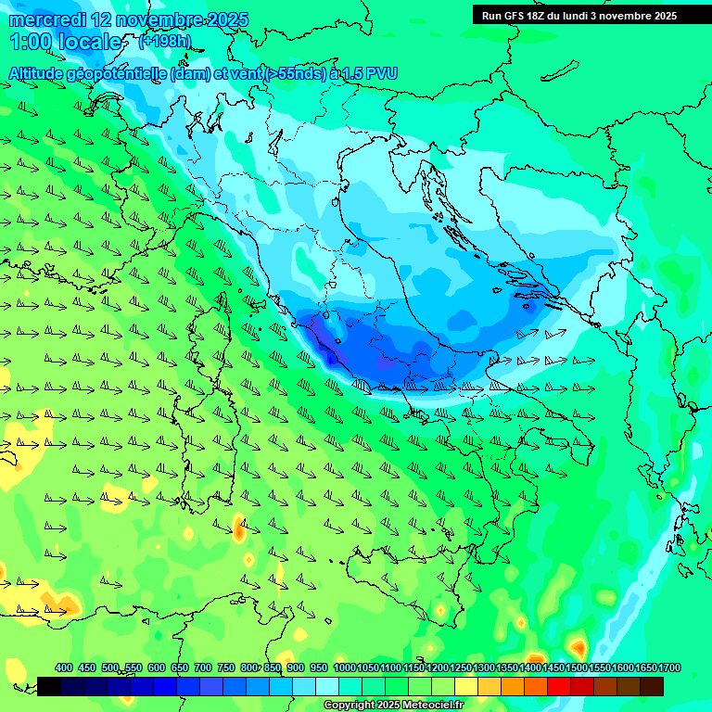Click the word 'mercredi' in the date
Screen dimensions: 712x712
(x=44, y=19)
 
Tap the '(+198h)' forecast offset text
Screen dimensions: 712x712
(x=165, y=41)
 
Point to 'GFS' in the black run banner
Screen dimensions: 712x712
(x=515, y=16)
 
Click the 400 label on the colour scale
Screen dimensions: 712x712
(x=64, y=667)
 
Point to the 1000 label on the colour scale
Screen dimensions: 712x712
(x=344, y=667)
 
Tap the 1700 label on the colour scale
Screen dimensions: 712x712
(x=669, y=667)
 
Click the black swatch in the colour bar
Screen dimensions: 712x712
(x=49, y=686)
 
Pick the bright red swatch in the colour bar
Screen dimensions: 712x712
(x=559, y=686)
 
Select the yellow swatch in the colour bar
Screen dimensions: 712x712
(x=466, y=686)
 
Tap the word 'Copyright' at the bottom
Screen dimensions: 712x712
(x=350, y=706)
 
